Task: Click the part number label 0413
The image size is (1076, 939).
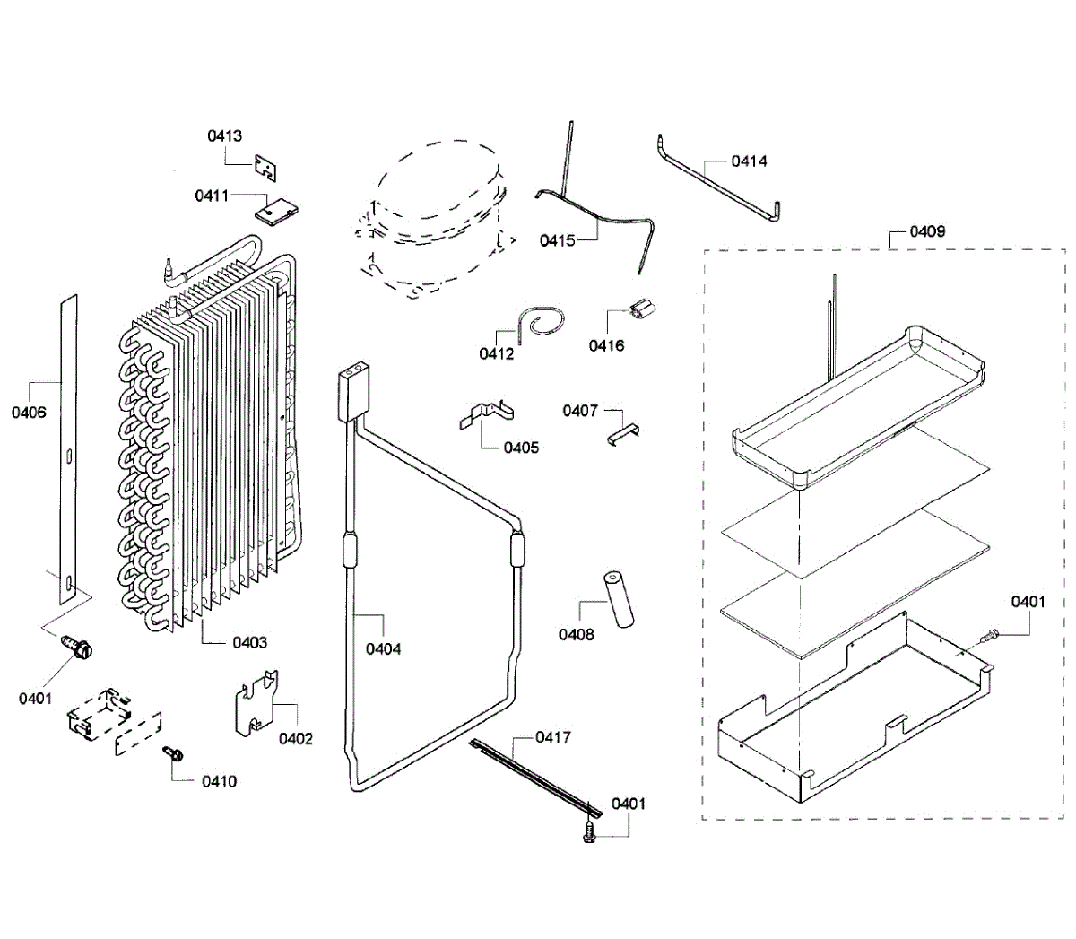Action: pos(224,136)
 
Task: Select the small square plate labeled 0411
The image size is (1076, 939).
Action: pos(276,211)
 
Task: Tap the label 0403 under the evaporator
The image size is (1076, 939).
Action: pos(249,642)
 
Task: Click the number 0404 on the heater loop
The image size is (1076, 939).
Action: pos(383,648)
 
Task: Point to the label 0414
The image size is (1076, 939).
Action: pos(749,161)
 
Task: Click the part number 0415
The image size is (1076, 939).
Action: pos(557,240)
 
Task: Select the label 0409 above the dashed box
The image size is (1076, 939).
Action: pos(927,231)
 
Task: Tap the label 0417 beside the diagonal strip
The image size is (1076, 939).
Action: pos(553,737)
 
